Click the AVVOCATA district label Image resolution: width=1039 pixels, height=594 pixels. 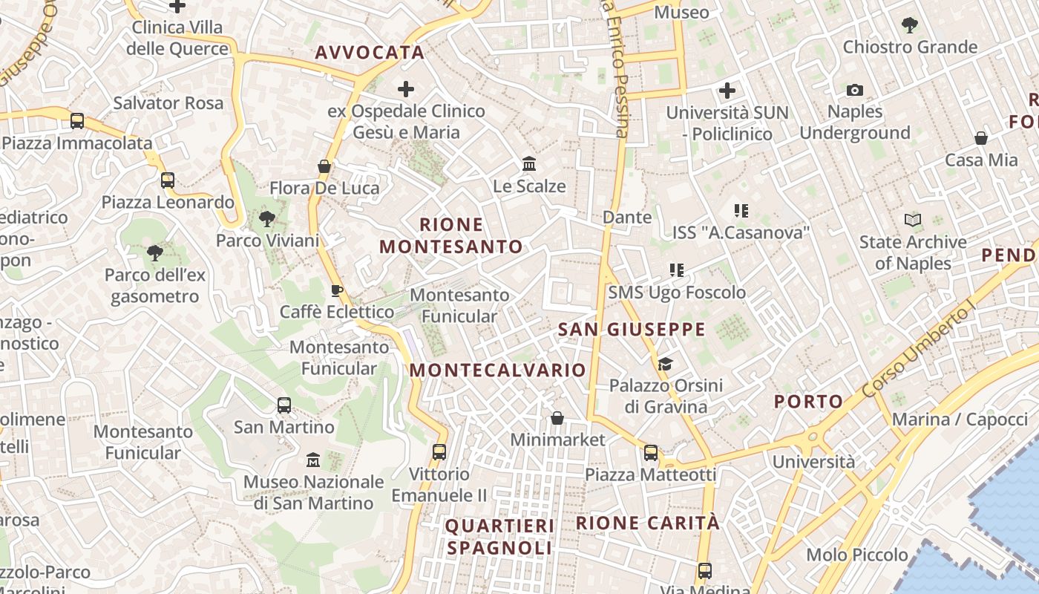(x=370, y=52)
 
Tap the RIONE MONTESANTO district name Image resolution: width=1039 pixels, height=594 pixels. (x=451, y=235)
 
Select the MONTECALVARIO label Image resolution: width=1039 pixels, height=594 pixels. (x=498, y=370)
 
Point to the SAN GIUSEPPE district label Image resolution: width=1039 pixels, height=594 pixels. (x=632, y=330)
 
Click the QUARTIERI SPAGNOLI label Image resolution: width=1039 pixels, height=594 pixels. (x=499, y=537)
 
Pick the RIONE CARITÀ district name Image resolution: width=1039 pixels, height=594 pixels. (x=648, y=523)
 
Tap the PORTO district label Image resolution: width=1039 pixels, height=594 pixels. (x=809, y=402)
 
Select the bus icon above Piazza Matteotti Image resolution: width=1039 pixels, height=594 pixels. (x=651, y=452)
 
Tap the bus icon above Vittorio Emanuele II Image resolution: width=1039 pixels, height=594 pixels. (x=439, y=451)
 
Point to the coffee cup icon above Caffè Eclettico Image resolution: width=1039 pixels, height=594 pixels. (x=336, y=290)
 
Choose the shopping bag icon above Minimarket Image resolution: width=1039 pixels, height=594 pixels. (x=557, y=418)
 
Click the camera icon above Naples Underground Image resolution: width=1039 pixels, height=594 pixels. (x=855, y=91)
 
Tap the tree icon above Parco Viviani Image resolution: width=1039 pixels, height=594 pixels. (x=267, y=219)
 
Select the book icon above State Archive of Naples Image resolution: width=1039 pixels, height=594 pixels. (x=913, y=220)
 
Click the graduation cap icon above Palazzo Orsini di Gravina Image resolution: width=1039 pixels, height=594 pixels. (x=665, y=364)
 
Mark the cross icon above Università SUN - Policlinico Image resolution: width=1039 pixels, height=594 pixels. (x=727, y=91)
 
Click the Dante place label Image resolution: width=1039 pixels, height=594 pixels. (x=627, y=218)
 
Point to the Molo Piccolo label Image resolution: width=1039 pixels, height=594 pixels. (x=857, y=555)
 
